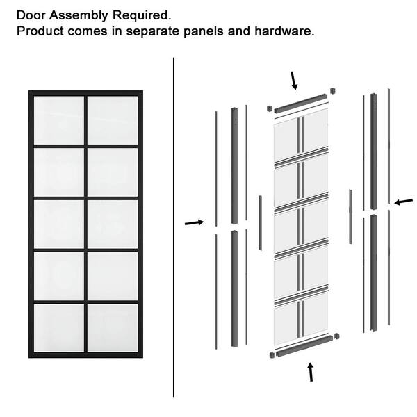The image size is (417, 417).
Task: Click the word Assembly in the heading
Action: coord(79,16)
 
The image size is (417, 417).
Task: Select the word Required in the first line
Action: coord(142,16)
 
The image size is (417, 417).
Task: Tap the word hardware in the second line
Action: coord(284,31)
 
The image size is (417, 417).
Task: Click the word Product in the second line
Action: coord(40,31)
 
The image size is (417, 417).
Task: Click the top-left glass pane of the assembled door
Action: coord(59,120)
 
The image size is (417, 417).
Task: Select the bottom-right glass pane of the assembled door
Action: coord(113,328)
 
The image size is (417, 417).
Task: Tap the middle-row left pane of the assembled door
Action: coord(59,224)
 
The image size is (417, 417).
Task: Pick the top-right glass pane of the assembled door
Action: coord(113,120)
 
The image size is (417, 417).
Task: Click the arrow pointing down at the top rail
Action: coord(294,81)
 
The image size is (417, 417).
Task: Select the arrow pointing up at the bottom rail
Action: coord(311,372)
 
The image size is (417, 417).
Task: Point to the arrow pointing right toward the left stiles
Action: coord(194,222)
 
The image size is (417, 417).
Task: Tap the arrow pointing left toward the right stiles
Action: coord(403,202)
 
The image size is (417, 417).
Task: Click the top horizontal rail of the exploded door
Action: coord(300,103)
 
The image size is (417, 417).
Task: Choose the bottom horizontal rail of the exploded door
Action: coord(304,345)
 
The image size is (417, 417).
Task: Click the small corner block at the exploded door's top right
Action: coord(332,91)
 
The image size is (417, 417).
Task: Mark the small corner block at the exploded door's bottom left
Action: coord(272,355)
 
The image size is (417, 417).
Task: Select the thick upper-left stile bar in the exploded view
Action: coord(234,165)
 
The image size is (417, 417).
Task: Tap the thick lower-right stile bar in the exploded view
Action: coord(374,272)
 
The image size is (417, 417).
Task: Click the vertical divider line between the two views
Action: coord(173,227)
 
